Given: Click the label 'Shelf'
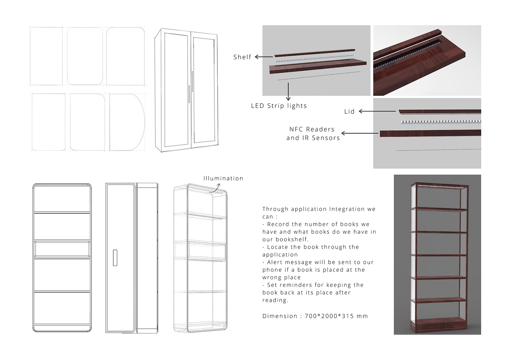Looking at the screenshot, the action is point(242,57).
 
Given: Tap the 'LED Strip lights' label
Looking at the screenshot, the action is point(279,106).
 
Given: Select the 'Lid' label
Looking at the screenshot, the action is point(349,112).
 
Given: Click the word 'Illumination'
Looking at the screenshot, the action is point(223,179).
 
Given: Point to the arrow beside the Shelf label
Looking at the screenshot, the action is point(264,57).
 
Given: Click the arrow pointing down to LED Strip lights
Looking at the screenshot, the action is point(288,91).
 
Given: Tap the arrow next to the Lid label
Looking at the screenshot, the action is point(377,111).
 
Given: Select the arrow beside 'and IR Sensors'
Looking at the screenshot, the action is point(360,133).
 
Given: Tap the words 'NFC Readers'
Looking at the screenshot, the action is point(312,129).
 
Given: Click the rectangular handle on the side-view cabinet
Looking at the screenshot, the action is point(115,258).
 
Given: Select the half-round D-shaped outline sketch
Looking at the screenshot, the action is point(127,122).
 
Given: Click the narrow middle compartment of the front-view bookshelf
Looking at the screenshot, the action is point(62,249).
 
